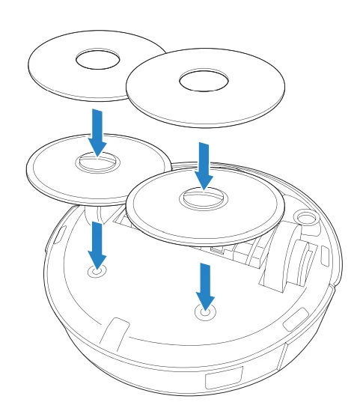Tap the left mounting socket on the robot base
tap(97, 272)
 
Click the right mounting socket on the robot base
tap(204, 314)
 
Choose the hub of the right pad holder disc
tap(203, 198)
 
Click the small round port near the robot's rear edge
tap(305, 218)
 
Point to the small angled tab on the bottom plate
tap(116, 329)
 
